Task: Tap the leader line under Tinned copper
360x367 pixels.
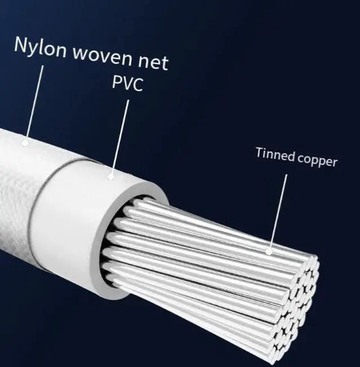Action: click(278, 214)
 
